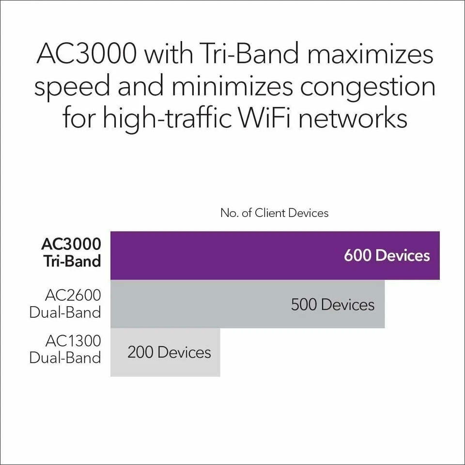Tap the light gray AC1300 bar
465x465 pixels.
click(x=165, y=352)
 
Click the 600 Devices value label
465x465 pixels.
click(x=387, y=255)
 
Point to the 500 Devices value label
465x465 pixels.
click(x=332, y=304)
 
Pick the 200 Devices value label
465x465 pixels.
click(x=169, y=352)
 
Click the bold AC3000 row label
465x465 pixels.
click(x=71, y=243)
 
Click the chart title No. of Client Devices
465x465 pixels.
click(x=274, y=213)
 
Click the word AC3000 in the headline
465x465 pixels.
click(x=86, y=54)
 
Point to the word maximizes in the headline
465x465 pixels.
click(x=370, y=54)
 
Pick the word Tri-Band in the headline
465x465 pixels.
click(x=255, y=54)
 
